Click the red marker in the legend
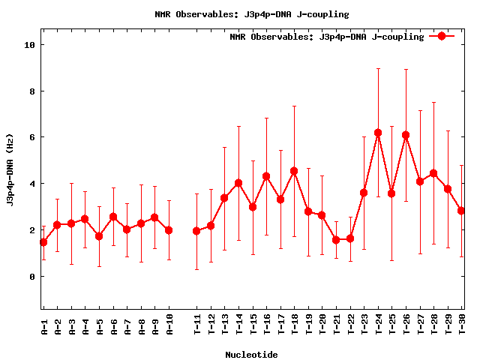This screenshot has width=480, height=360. [442, 36]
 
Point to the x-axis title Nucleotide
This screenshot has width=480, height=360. [251, 355]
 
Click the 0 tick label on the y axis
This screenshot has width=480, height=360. [31, 277]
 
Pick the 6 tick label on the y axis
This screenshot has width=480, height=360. [31, 137]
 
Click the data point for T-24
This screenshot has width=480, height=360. [378, 133]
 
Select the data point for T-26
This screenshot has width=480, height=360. [406, 135]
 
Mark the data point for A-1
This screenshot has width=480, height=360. [43, 242]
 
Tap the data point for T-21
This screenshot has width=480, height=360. [336, 240]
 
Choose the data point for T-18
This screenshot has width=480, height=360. [294, 171]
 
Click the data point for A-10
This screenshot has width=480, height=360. [169, 230]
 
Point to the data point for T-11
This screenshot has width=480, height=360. [196, 231]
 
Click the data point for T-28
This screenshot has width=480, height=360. [433, 173]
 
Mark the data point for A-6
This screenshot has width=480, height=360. [113, 217]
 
